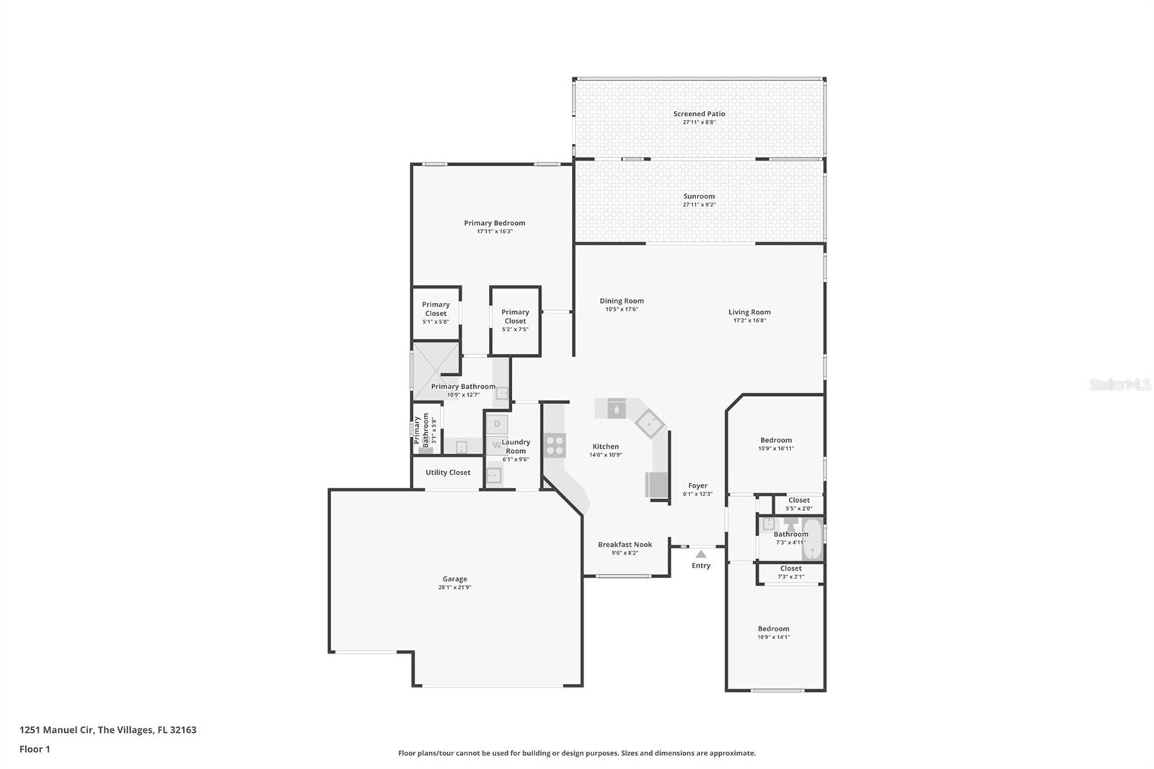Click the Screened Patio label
pos(699,114)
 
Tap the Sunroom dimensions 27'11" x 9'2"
pos(699,205)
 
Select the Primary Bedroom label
pos(494,224)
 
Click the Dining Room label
pos(621,302)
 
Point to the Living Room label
pos(749,312)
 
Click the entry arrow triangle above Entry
pos(700,554)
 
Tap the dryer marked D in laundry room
pos(497,424)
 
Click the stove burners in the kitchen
pos(555,444)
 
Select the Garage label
pos(454,579)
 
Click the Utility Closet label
pos(447,473)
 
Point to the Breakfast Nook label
pos(625,545)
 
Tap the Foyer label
pos(697,486)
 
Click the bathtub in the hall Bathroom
pos(813,539)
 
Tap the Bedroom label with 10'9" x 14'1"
pos(773,629)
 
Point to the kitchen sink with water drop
pos(616,409)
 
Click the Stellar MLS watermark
pos(1119,384)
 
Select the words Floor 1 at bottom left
pos(35,750)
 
